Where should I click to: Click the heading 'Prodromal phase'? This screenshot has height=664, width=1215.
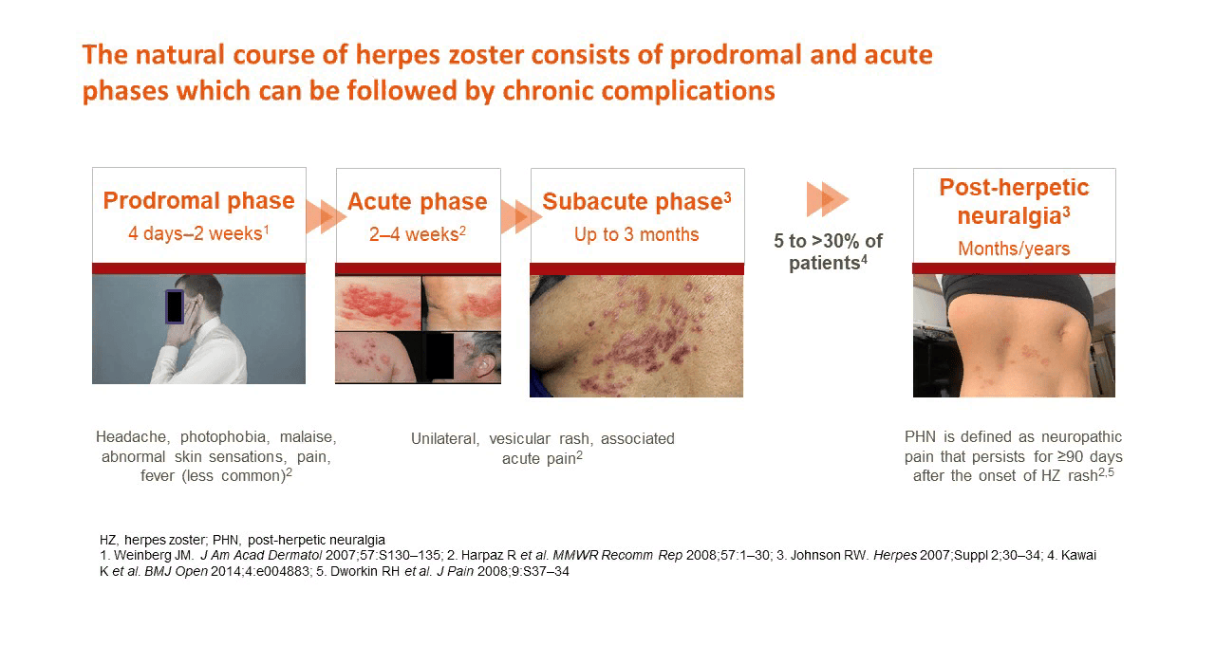click(199, 200)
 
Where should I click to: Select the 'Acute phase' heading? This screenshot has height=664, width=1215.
click(418, 201)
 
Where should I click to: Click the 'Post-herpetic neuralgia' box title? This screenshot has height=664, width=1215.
click(1014, 201)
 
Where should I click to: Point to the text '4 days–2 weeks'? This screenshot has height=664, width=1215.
click(196, 233)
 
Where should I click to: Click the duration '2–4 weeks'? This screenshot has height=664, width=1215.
click(415, 234)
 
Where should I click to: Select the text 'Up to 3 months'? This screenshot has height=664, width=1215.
click(637, 234)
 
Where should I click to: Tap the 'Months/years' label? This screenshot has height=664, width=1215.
click(1014, 249)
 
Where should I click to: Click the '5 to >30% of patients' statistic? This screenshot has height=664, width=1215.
click(828, 252)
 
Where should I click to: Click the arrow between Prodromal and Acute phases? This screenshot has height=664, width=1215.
click(326, 217)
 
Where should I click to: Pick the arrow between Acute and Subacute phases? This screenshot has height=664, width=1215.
click(521, 217)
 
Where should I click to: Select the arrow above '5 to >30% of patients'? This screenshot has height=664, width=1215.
click(828, 199)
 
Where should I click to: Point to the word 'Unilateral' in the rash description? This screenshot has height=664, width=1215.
click(445, 438)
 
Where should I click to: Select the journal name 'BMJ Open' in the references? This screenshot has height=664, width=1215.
click(176, 571)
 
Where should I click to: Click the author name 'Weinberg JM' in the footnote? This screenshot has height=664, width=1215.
click(154, 556)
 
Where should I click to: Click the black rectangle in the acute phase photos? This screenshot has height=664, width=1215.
click(439, 357)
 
